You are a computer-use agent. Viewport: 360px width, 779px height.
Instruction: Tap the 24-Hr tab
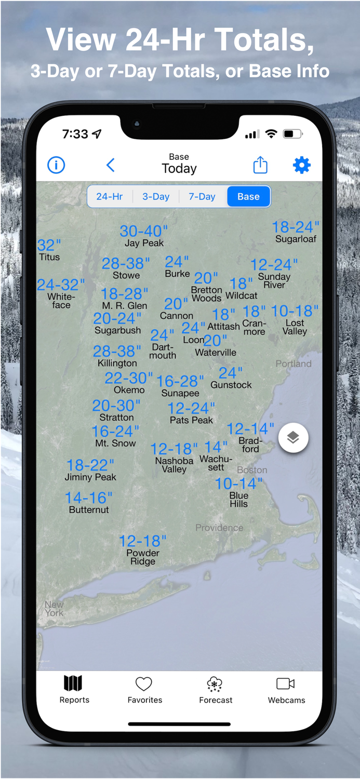(110, 197)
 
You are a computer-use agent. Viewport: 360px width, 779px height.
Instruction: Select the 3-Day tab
(156, 197)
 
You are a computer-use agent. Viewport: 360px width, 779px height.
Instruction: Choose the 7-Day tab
(202, 197)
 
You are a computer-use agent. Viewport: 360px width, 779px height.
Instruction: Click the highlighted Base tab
(248, 197)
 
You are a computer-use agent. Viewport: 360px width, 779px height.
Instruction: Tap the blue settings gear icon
(301, 166)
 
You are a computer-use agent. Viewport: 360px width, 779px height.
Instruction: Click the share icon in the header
(260, 165)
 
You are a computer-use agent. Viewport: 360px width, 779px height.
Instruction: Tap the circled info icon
(56, 166)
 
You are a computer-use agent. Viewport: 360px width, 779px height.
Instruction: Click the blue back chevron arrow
(110, 166)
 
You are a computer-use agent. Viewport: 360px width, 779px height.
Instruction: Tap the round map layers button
(293, 438)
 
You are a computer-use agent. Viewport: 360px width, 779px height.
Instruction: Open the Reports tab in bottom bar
(74, 689)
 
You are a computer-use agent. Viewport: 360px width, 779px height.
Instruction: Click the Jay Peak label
(144, 243)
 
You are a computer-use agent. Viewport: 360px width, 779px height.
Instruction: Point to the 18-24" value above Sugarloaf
(295, 227)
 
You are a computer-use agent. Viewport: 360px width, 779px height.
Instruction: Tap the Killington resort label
(117, 364)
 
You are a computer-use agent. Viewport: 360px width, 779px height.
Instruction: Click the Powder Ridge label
(143, 557)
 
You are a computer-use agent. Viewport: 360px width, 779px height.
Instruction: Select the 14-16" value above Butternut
(88, 498)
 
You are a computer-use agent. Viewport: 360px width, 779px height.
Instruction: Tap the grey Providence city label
(219, 528)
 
